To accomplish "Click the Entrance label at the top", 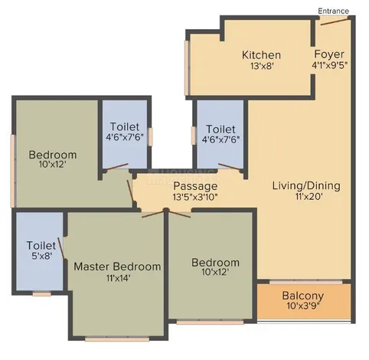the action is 333,11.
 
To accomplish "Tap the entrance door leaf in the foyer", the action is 335,21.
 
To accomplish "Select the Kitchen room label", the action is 261,55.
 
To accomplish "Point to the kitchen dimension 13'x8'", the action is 262,66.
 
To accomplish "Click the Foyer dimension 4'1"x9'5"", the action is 330,65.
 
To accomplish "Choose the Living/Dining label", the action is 306,185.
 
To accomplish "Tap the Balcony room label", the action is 303,296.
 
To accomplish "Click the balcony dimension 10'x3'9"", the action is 303,306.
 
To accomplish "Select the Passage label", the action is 195,186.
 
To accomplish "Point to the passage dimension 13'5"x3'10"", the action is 195,197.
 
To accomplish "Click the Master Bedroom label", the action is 117,267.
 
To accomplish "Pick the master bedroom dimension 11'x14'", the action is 119,278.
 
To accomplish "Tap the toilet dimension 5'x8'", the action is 42,256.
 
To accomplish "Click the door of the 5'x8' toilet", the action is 61,248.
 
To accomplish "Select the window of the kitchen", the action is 187,67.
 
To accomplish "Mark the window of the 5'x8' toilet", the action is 41,294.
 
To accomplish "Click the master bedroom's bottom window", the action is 117,339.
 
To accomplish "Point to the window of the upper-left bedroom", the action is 13,171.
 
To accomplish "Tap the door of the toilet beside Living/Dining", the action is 229,166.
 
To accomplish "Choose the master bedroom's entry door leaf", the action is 152,214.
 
